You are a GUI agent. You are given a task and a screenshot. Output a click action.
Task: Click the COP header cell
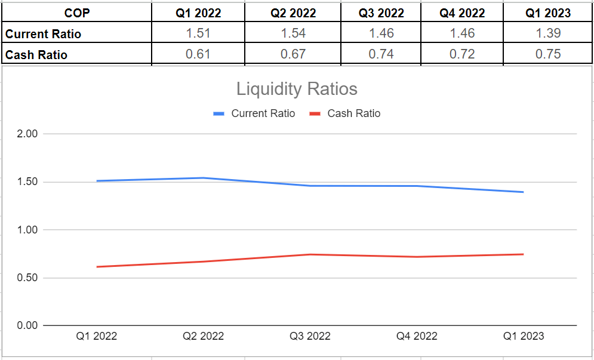(76, 13)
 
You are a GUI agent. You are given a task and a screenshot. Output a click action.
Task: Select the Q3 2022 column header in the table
(381, 13)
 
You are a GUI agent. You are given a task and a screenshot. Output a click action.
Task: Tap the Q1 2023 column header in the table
(548, 13)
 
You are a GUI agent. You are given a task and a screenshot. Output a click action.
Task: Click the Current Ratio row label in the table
(43, 34)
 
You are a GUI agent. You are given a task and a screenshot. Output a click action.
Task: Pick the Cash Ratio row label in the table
(36, 55)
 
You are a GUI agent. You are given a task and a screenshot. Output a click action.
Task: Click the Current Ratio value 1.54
(293, 33)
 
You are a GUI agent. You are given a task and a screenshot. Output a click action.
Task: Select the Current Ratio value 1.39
(548, 33)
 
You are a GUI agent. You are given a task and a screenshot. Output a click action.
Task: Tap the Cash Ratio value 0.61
(198, 54)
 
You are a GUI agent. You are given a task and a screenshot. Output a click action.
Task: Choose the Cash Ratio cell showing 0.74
(381, 54)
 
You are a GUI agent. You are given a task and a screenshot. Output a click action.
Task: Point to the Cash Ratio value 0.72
(462, 54)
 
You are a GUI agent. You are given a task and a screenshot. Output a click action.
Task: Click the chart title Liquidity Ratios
(297, 89)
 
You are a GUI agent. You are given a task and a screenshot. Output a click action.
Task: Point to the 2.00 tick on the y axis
(27, 134)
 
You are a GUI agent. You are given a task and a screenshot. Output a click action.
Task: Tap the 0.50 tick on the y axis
(27, 278)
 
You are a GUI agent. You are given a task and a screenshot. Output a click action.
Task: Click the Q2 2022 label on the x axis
(203, 336)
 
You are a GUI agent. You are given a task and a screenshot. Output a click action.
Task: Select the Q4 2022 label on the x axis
(417, 336)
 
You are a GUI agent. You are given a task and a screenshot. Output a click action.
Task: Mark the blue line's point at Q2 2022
(203, 178)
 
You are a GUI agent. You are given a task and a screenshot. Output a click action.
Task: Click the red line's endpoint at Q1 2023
(523, 254)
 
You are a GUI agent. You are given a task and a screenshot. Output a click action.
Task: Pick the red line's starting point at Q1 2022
(97, 267)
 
